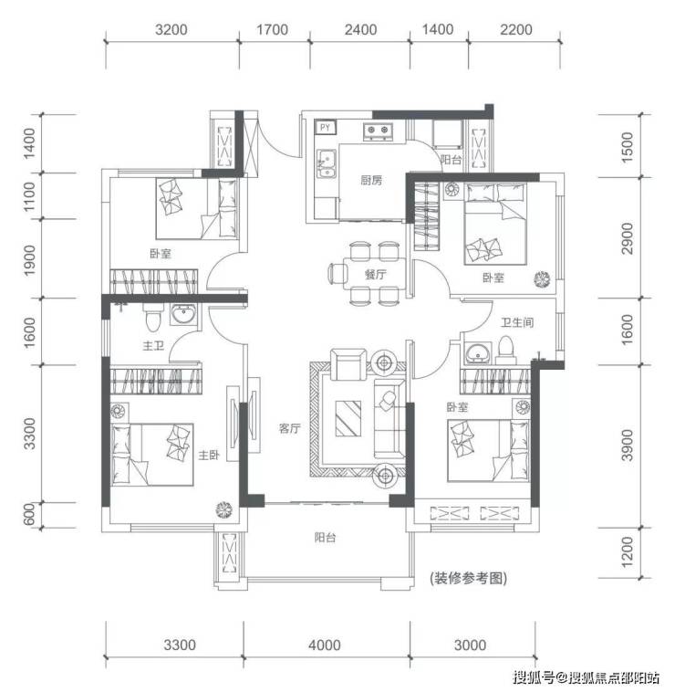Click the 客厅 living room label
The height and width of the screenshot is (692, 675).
(290, 428)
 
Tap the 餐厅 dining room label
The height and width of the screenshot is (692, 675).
(375, 275)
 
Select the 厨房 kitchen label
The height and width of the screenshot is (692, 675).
(371, 180)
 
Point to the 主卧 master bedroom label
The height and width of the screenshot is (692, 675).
(209, 455)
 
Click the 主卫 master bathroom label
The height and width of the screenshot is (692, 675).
(153, 345)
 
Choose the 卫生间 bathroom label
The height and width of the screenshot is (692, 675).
(517, 322)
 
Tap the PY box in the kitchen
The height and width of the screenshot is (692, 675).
(326, 128)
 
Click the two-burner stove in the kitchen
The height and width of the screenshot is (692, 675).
(378, 131)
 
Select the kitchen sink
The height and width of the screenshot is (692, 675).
(327, 163)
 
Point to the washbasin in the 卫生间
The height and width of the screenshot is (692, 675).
(476, 353)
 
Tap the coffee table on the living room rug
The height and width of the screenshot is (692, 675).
(348, 418)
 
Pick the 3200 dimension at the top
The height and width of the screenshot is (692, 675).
(171, 30)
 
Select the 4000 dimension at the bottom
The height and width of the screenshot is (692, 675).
(325, 645)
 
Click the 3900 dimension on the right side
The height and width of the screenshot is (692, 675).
(627, 445)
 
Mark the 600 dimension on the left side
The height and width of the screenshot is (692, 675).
(29, 515)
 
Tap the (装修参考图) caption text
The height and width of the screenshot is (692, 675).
(468, 578)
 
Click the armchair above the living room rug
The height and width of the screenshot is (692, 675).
(348, 364)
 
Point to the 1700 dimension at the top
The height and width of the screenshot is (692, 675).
(273, 30)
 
